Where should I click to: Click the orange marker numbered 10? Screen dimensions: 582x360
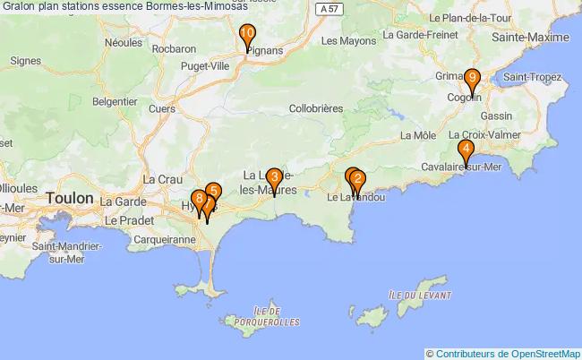247,36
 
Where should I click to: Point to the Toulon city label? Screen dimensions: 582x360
69,198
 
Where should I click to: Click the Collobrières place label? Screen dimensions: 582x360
316,107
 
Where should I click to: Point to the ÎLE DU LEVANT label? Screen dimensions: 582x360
419,294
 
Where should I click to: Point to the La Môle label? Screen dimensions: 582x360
418,136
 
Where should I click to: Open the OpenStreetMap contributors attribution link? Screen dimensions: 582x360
506,353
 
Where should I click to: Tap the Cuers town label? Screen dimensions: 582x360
162,108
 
